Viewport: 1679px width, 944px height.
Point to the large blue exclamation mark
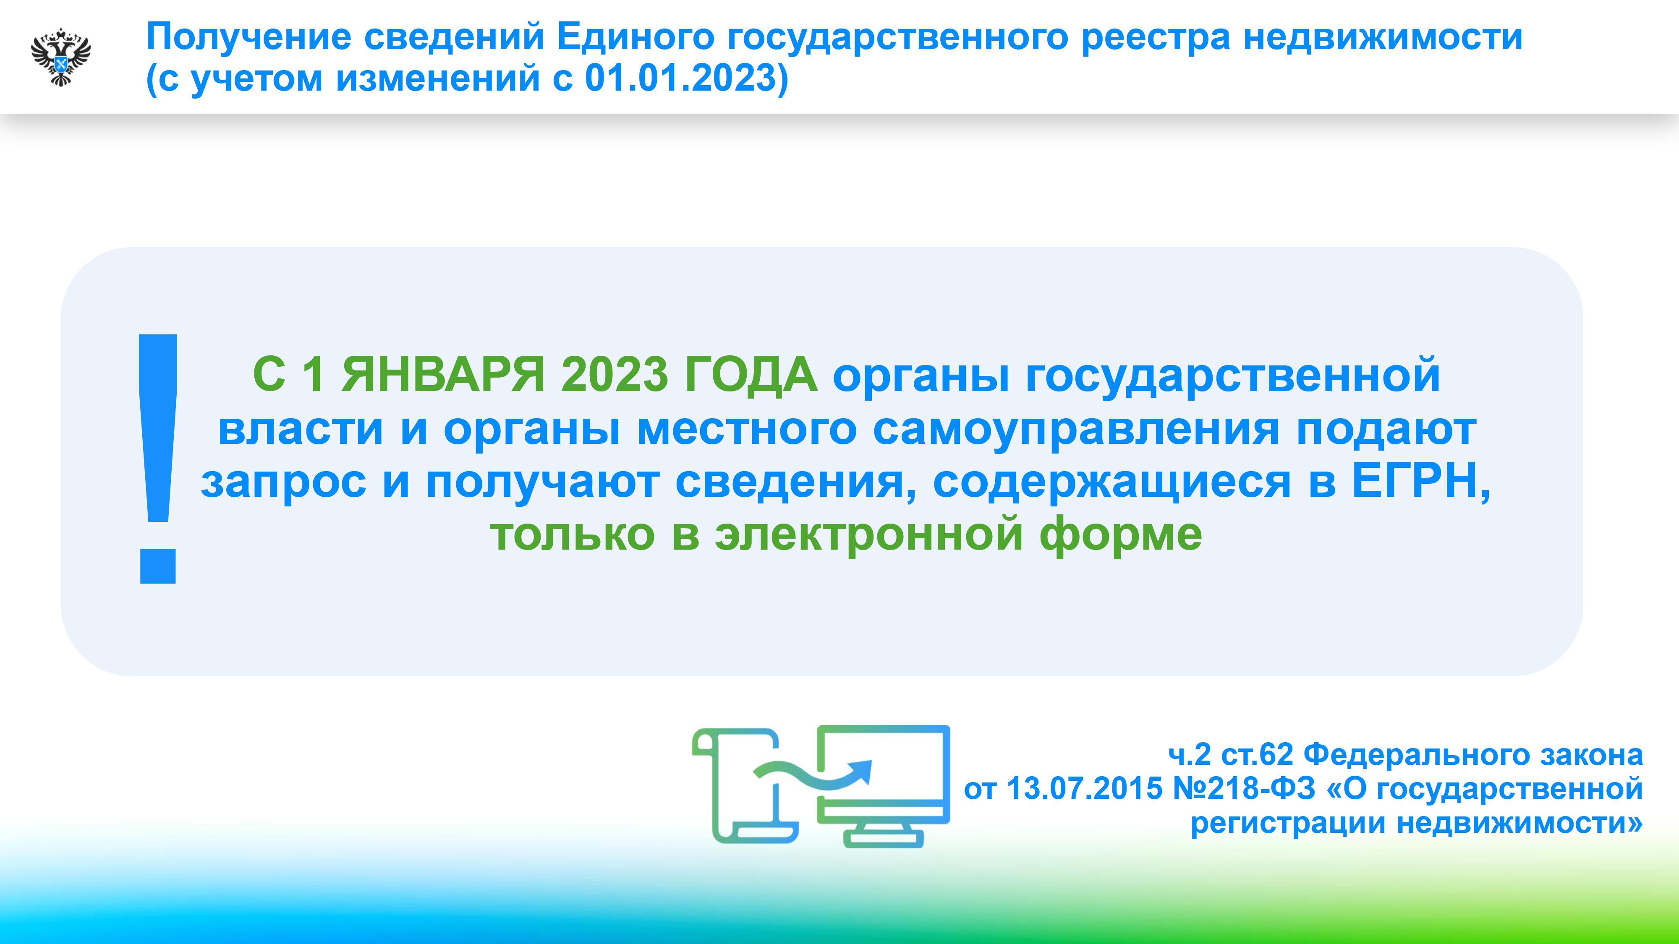[158, 459]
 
